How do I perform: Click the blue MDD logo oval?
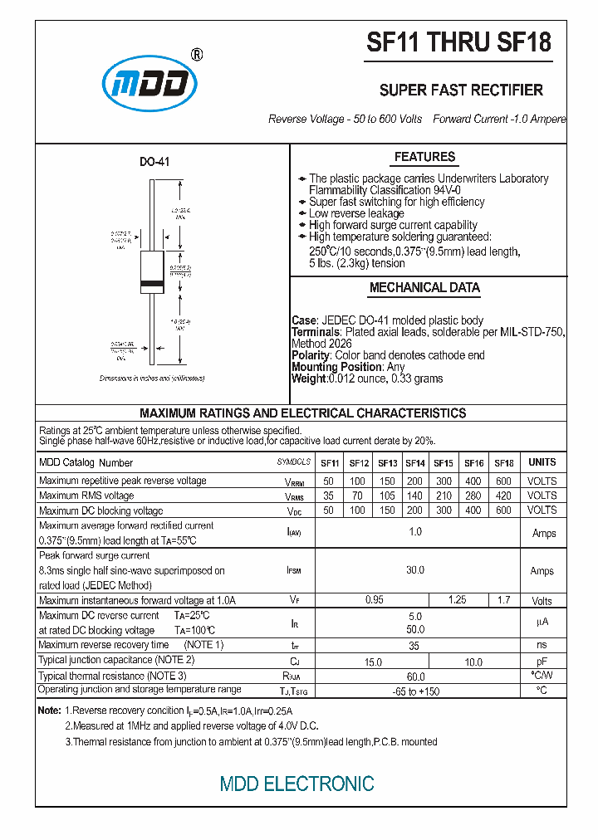(149, 83)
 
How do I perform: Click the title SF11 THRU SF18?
(458, 43)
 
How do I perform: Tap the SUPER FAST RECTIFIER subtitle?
(461, 90)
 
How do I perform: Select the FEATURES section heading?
(424, 157)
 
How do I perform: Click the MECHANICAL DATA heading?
(424, 288)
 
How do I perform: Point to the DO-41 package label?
(154, 162)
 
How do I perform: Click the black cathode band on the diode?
(150, 285)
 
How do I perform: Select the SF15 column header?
(444, 463)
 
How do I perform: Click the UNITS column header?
(542, 462)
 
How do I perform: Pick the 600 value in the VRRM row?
(503, 481)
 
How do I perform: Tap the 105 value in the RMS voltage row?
(387, 496)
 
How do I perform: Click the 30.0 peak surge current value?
(415, 570)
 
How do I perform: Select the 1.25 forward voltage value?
(458, 600)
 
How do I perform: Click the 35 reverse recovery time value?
(415, 645)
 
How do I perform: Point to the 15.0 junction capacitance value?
(373, 661)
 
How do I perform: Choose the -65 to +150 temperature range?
(415, 691)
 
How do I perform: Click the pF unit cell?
(542, 661)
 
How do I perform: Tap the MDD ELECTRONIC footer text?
(297, 784)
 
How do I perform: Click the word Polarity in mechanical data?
(310, 355)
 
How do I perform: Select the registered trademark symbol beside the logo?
(197, 55)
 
